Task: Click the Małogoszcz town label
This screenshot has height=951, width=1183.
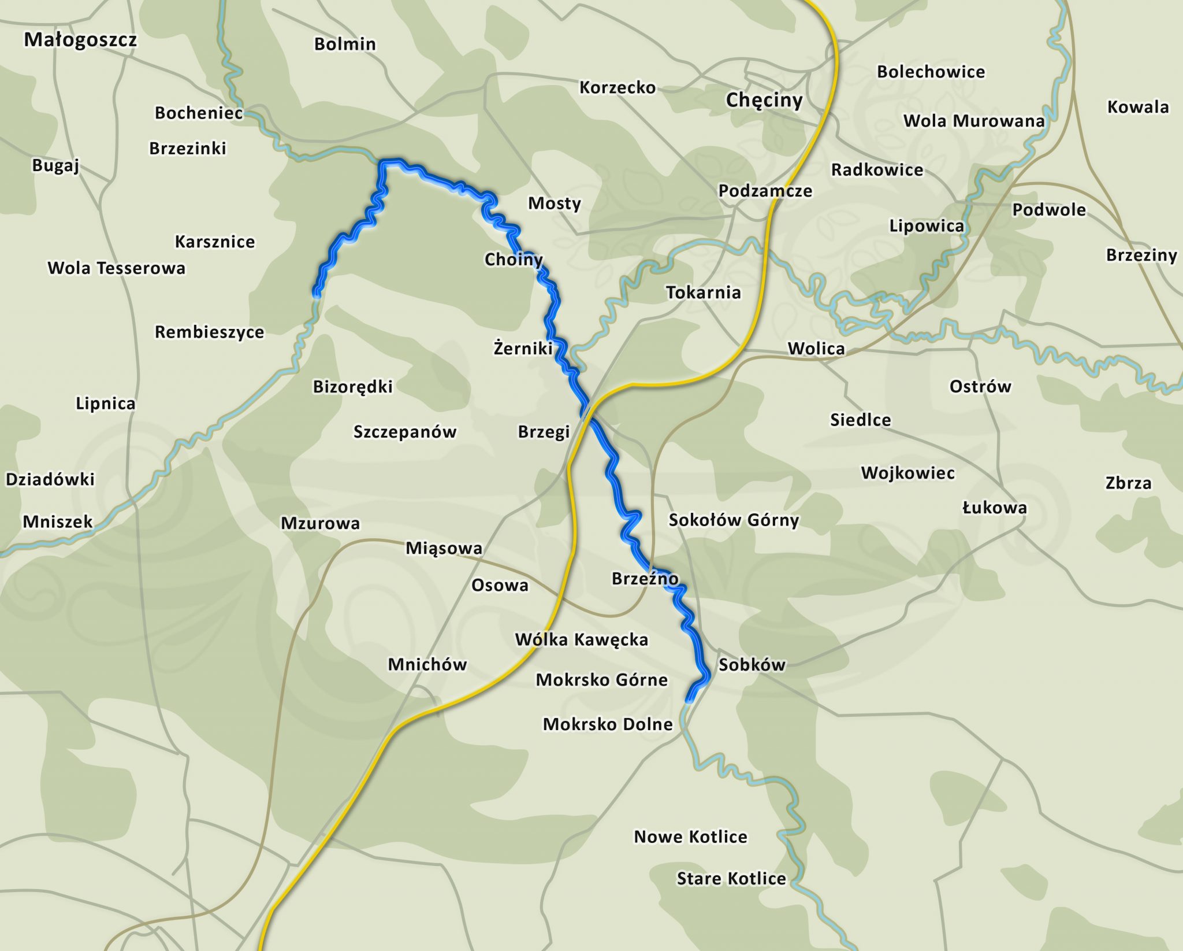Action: [x=80, y=40]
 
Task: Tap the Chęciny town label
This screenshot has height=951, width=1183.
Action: [x=764, y=100]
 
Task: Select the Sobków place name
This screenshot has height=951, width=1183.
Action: [x=752, y=665]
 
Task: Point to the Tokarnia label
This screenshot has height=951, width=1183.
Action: [x=703, y=293]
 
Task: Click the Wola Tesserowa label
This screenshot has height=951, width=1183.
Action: [x=116, y=268]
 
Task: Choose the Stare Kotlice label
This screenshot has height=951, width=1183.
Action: [x=731, y=879]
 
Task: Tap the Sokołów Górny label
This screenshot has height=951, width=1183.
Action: [x=734, y=520]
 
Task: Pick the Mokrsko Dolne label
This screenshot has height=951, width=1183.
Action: [x=608, y=724]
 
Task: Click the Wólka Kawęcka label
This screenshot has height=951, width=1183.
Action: [x=581, y=639]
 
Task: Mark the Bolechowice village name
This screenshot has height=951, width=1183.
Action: [x=931, y=72]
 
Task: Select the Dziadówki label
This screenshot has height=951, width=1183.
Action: [x=50, y=479]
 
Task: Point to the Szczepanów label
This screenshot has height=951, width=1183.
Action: [x=404, y=432]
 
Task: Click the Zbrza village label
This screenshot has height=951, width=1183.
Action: [x=1128, y=483]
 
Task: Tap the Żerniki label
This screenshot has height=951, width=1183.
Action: [x=523, y=348]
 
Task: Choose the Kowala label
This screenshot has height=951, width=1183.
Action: [x=1137, y=107]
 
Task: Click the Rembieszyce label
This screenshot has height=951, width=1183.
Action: [x=209, y=332]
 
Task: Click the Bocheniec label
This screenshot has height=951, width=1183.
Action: [x=199, y=113]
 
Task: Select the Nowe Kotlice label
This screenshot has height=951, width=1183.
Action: [x=690, y=837]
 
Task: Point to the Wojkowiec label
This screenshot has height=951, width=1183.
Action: [x=907, y=473]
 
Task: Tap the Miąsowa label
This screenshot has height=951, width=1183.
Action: [x=444, y=547]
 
